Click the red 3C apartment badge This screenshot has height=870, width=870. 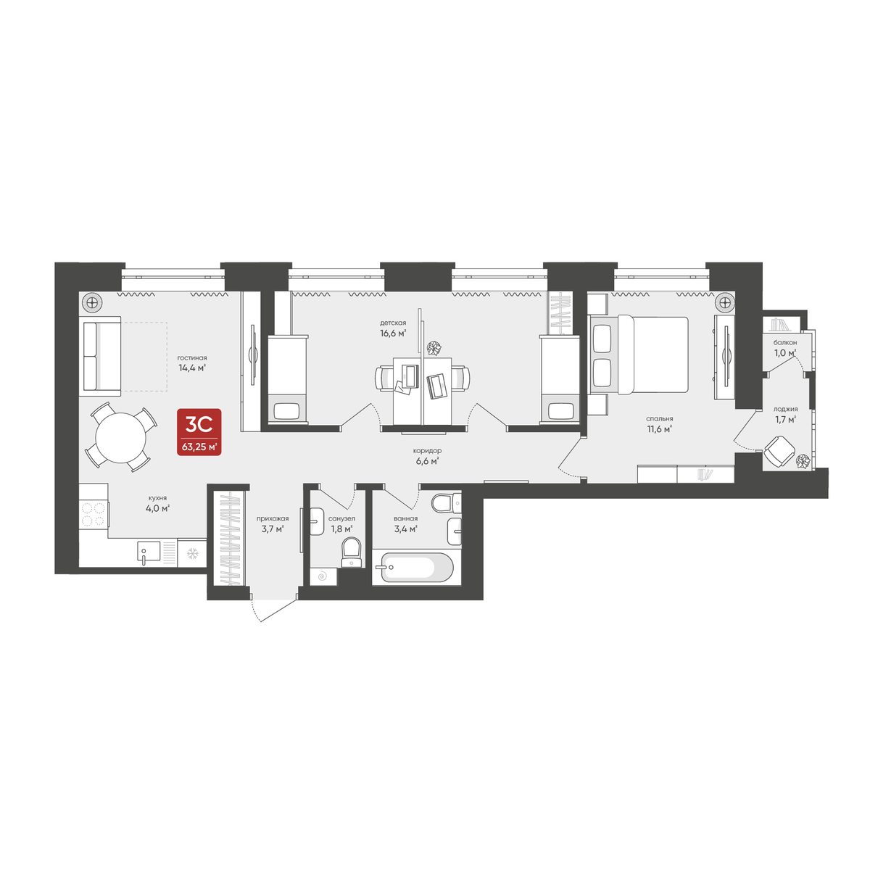coord(199,432)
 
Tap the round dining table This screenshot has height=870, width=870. coord(121,437)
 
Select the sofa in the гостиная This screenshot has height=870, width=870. coord(101,357)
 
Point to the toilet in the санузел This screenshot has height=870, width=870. coord(352,550)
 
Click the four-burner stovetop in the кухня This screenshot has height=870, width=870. coord(94,514)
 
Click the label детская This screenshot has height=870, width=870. coord(392,323)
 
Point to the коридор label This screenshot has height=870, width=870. coord(427,451)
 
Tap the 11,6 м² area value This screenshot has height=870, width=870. coord(659,428)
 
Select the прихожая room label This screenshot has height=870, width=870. coord(272,518)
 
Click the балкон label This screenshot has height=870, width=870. coord(784,342)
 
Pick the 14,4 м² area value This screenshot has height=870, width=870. coord(192,368)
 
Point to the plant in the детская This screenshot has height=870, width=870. coord(434,349)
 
